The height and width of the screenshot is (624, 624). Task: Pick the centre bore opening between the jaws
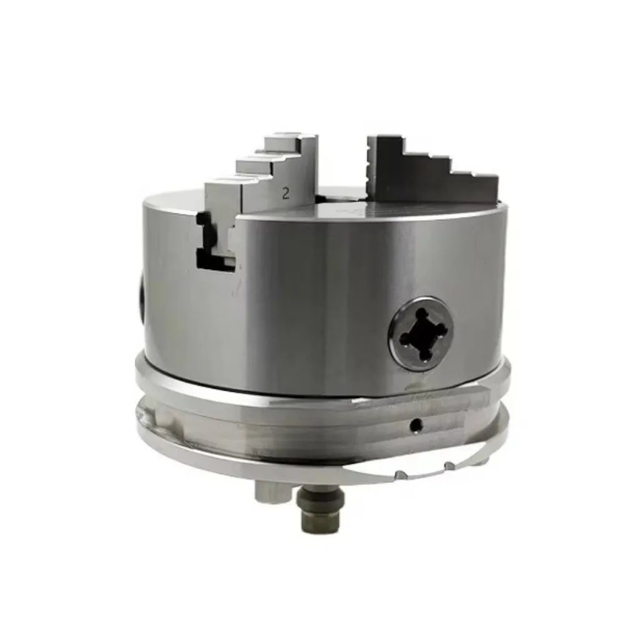[337, 198]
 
